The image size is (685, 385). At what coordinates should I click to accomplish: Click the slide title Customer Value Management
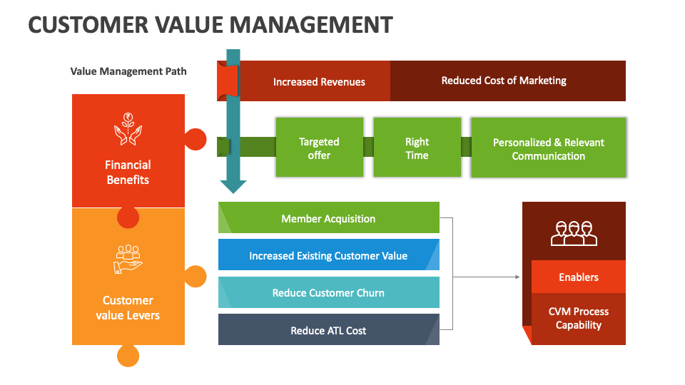[x=210, y=25]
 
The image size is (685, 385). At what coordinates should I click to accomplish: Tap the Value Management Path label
[x=128, y=71]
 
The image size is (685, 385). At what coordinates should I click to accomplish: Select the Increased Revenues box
[x=318, y=81]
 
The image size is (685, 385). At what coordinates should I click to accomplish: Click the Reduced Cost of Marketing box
[x=504, y=81]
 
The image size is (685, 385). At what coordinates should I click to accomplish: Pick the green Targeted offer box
[x=319, y=148]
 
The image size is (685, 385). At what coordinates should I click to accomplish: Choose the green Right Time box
[x=417, y=148]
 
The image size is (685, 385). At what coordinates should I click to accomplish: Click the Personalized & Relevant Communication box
[x=548, y=148]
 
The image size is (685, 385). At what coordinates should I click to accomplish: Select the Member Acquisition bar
[x=328, y=218]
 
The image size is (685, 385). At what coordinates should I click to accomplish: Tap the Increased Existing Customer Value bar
[x=328, y=255]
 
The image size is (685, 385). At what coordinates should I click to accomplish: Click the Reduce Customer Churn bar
[x=328, y=292]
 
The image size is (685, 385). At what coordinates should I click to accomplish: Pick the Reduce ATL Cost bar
[x=328, y=330]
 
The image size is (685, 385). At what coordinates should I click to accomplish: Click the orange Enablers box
[x=579, y=277]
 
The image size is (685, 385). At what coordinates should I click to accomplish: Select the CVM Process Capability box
[x=579, y=319]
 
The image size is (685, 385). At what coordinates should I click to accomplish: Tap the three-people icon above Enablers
[x=574, y=232]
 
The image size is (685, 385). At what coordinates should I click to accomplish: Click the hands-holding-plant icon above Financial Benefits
[x=128, y=129]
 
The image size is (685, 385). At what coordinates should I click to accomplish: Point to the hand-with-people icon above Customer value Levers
[x=128, y=260]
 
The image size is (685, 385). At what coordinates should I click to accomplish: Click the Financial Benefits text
[x=128, y=172]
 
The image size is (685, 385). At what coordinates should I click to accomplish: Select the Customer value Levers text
[x=128, y=307]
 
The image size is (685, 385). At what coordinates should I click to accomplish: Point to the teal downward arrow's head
[x=233, y=187]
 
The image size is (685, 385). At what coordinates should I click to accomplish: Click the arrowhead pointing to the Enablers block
[x=517, y=277]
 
